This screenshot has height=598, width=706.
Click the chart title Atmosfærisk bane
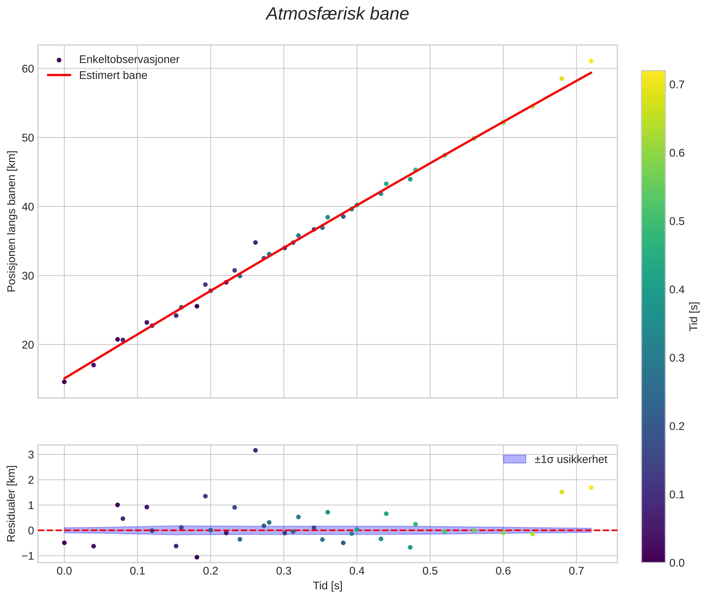pos(337,14)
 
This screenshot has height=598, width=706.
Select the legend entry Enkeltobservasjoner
pos(129,60)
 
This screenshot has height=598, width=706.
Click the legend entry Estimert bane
pos(113,75)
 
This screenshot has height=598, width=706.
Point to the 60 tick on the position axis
pos(28,69)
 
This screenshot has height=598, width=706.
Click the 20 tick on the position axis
pos(28,345)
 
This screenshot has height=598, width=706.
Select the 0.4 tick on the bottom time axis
pos(356,571)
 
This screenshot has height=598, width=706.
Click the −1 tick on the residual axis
pos(29,556)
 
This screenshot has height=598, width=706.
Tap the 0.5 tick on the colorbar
pos(676,221)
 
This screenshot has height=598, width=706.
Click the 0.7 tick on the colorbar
pos(676,84)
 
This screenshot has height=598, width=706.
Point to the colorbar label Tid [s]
pos(694,316)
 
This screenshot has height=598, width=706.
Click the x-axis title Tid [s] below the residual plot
pos(327,586)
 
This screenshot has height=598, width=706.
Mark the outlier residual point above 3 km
pos(255,450)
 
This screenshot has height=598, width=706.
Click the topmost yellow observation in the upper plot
pos(591,61)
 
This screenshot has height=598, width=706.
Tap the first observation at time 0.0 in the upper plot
pos(64,382)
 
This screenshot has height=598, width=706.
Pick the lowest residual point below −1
pos(197,557)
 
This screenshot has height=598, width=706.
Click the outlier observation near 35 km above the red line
pos(255,242)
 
